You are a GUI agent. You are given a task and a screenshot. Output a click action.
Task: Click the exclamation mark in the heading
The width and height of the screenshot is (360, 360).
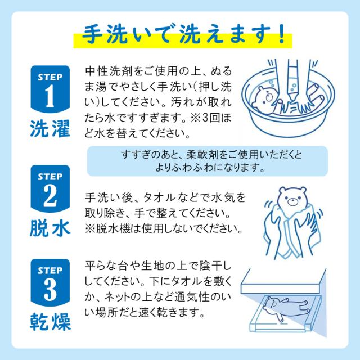[x=280, y=33]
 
